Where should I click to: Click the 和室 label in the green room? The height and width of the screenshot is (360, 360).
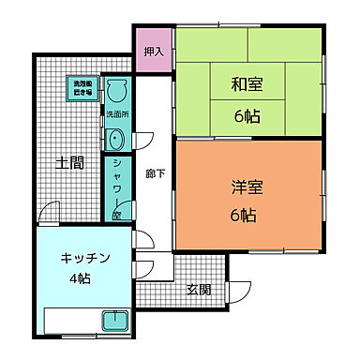point(247,85)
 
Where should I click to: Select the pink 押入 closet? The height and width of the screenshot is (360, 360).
point(153,52)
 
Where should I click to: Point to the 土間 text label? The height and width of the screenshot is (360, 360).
point(69,162)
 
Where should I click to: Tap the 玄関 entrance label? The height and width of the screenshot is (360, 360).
point(198,289)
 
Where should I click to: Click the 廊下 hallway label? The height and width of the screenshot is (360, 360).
point(156,173)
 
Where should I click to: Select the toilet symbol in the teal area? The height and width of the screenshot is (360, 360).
point(116,92)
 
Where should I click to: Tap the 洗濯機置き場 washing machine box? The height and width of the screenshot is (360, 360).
point(84,89)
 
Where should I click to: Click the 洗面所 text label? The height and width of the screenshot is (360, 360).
point(116,115)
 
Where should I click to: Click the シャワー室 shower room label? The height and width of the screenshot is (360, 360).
point(116,183)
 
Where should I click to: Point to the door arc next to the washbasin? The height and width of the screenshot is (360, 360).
point(145,142)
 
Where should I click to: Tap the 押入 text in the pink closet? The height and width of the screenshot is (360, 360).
point(153,52)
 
